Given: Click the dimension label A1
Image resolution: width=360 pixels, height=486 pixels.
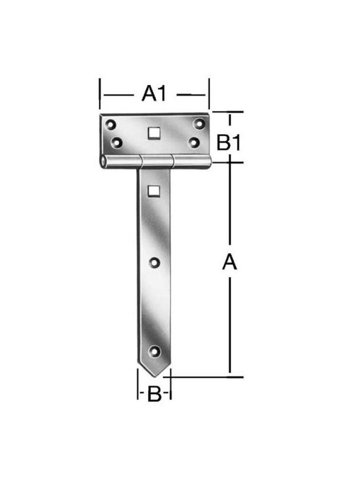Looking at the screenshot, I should point(154,93).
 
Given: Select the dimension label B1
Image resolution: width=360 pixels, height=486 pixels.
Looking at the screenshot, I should point(229,143).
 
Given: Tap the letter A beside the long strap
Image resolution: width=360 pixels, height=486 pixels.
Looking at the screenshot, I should point(229,262).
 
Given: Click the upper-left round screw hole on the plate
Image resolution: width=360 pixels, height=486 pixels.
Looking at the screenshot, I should point(111,124).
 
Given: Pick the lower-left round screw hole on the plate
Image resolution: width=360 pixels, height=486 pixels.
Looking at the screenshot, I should point(117,142).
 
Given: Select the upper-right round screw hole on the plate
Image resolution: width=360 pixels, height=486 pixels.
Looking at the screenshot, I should point(198,123).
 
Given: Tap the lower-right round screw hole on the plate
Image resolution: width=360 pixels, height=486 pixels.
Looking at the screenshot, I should point(194,142).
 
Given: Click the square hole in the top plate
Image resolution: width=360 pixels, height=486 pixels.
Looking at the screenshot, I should point(154,133).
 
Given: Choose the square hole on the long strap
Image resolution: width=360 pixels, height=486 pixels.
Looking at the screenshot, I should point(154,191).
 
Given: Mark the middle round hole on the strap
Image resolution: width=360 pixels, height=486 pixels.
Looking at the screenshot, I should point(154,263).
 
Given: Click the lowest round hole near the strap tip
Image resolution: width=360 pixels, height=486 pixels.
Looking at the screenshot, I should point(155,350).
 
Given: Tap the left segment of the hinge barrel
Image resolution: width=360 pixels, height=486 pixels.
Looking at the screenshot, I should point(122,162).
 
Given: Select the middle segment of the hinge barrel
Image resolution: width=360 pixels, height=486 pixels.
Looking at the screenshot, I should point(156,162).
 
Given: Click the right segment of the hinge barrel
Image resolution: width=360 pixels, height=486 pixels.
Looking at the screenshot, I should point(192,161).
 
